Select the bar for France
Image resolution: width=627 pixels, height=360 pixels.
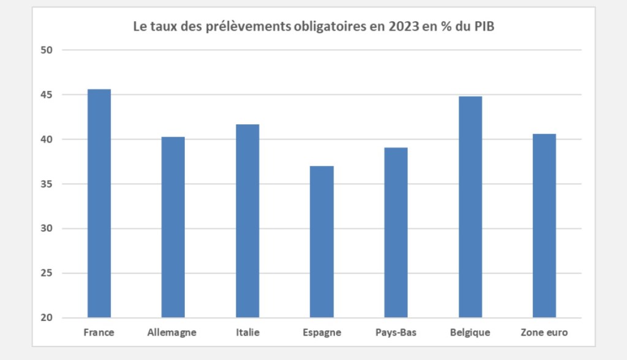(99, 203)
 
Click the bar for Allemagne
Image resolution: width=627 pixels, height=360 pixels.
(173, 227)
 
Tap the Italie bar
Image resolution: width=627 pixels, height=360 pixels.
(247, 221)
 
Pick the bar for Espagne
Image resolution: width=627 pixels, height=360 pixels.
(321, 242)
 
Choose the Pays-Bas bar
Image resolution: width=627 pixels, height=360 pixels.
(396, 233)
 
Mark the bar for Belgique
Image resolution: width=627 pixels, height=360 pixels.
(470, 207)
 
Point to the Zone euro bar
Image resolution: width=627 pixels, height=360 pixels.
(544, 226)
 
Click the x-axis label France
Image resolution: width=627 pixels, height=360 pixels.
(99, 333)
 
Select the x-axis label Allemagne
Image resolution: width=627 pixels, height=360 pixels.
(172, 333)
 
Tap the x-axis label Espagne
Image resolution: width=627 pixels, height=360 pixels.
(321, 333)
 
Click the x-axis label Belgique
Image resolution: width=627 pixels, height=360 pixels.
(470, 333)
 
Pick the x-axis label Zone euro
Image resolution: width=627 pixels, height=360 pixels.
(544, 333)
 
